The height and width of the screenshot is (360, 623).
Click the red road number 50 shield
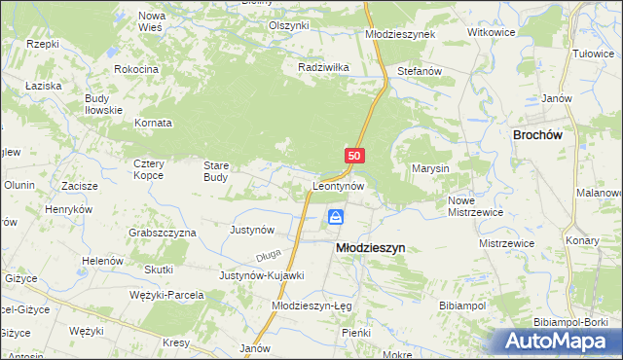(354, 156)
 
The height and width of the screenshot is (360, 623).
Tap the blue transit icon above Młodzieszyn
(336, 217)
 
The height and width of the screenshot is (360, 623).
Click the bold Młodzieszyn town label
(370, 248)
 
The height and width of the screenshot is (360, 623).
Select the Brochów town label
(538, 136)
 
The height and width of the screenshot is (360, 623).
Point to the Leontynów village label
(339, 185)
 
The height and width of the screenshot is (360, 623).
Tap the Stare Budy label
(215, 171)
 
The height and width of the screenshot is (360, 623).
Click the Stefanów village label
(421, 72)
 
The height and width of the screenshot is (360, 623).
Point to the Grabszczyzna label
(163, 234)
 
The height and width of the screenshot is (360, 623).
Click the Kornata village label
(155, 124)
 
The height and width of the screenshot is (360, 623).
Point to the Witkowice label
(491, 32)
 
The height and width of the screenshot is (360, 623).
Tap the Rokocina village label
(136, 70)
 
